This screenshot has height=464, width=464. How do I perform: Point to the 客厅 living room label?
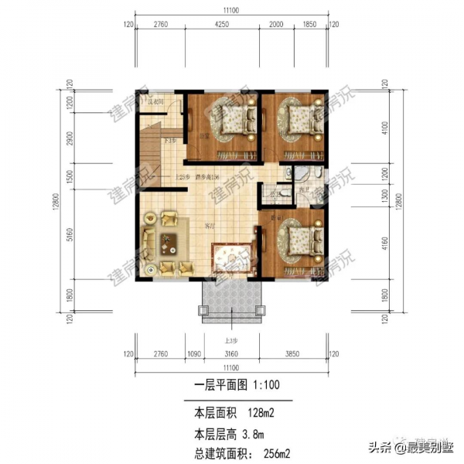pos(209,227)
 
